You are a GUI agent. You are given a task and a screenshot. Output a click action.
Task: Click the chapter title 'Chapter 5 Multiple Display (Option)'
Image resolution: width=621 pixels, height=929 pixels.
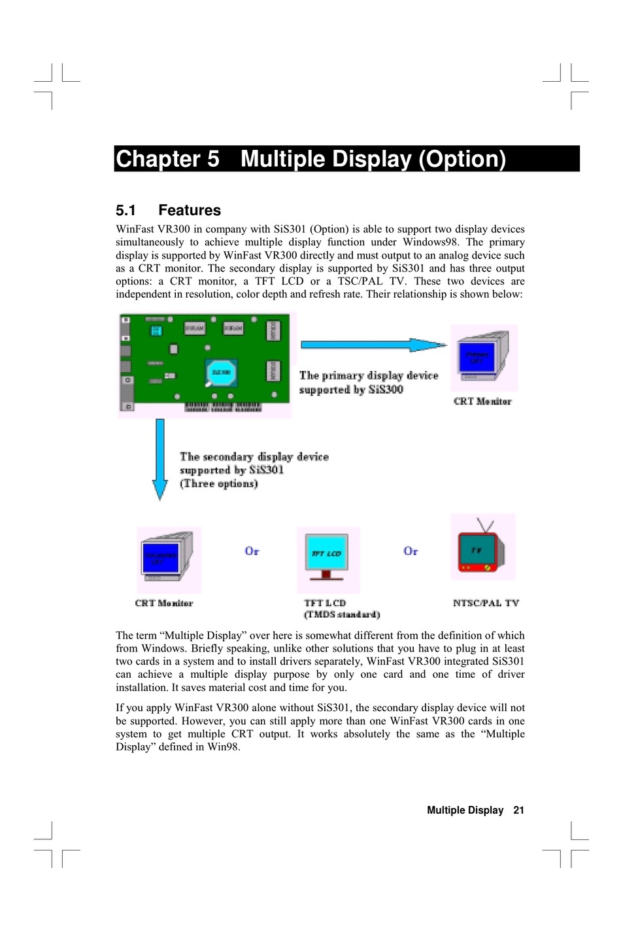pyautogui.click(x=310, y=159)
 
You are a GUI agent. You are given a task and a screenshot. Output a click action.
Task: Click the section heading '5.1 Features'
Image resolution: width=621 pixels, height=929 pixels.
pyautogui.click(x=168, y=210)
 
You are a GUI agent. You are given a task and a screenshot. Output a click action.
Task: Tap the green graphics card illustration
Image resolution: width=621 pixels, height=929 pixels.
pyautogui.click(x=204, y=363)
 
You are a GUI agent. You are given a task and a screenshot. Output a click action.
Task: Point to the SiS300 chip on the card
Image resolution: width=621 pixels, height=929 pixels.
pyautogui.click(x=221, y=372)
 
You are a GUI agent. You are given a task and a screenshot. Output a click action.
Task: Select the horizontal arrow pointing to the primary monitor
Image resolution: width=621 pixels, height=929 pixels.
pyautogui.click(x=373, y=345)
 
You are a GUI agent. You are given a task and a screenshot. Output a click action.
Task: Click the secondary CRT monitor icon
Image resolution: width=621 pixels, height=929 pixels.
pyautogui.click(x=167, y=558)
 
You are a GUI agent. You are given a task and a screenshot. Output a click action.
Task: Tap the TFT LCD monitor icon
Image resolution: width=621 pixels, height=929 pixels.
pyautogui.click(x=327, y=558)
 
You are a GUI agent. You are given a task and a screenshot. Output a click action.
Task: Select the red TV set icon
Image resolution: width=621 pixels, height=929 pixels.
pyautogui.click(x=482, y=551)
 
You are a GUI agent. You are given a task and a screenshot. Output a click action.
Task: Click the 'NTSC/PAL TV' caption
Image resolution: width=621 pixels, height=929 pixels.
pyautogui.click(x=486, y=603)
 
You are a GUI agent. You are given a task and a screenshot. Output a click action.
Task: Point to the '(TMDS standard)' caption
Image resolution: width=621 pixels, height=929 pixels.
pyautogui.click(x=342, y=614)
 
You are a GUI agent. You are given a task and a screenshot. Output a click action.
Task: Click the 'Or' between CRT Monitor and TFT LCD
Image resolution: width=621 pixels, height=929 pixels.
pyautogui.click(x=252, y=552)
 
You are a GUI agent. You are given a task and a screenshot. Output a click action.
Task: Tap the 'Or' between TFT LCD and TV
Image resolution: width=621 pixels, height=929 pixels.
pyautogui.click(x=411, y=552)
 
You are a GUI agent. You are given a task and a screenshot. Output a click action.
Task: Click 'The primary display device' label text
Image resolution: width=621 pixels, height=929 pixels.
pyautogui.click(x=369, y=376)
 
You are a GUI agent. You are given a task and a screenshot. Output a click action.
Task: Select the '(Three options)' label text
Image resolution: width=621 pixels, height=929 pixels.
pyautogui.click(x=219, y=483)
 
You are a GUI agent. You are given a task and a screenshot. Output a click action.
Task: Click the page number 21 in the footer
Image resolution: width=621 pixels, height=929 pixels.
pyautogui.click(x=518, y=810)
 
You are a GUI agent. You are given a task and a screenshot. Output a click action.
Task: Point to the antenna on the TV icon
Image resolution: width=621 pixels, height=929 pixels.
pyautogui.click(x=485, y=525)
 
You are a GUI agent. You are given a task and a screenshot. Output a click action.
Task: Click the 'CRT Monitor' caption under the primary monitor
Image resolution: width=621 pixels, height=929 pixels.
pyautogui.click(x=482, y=401)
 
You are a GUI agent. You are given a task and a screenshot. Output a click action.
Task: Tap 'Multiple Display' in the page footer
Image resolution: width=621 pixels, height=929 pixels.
pyautogui.click(x=465, y=810)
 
